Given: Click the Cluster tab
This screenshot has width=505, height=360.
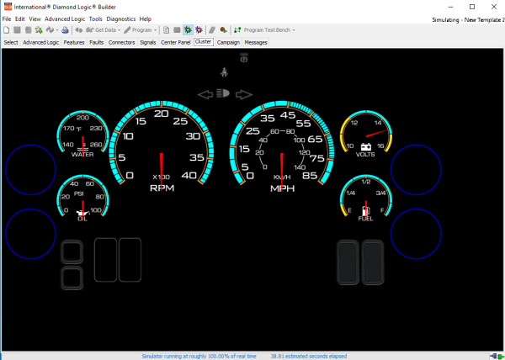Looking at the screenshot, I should coord(203,41).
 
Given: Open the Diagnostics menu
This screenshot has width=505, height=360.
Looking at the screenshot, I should coord(121,19).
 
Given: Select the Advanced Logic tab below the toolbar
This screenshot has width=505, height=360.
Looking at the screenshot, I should coord(40,41).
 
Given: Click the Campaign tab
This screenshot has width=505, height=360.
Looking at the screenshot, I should coord(228,41).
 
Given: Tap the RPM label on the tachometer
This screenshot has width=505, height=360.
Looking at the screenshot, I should coord(162,188).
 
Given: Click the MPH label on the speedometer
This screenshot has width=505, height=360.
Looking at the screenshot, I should coord(282,188).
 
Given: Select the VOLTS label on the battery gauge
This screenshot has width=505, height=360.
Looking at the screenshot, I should coord(366,155).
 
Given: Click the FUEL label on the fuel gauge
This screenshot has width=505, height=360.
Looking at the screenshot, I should coord(366,219).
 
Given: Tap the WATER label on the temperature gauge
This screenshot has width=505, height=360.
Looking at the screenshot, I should coord(82,155).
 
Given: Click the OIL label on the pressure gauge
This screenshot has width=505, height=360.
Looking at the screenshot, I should coord(82,219).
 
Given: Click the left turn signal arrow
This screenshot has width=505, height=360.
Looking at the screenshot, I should coord(204,94).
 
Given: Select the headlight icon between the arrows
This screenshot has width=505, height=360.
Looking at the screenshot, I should coord(224,94).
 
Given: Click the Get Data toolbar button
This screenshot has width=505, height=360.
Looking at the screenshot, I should coord(101,29).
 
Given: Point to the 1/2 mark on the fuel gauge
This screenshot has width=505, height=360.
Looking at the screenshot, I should coord(366,182).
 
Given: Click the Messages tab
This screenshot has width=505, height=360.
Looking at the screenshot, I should coord(256,41).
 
